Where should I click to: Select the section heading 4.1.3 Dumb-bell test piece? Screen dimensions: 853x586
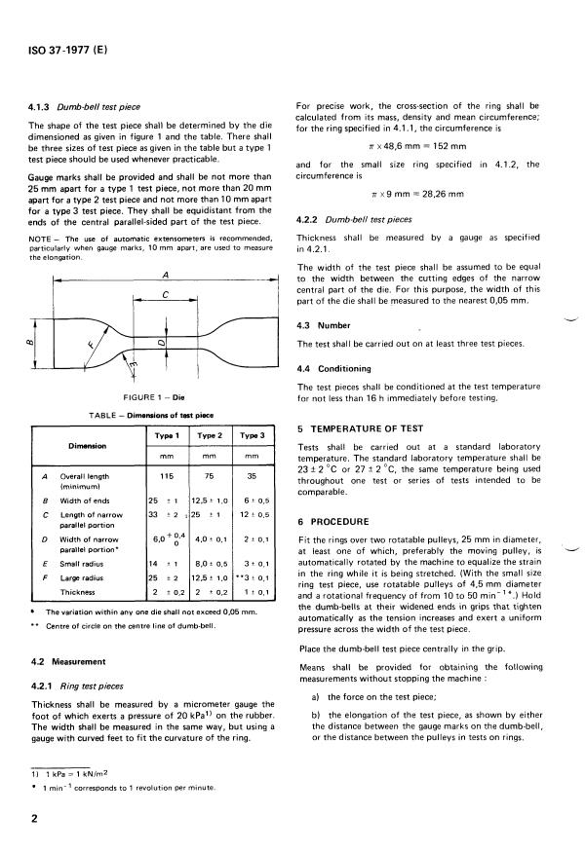coord(84,107)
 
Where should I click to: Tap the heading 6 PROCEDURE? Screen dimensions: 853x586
coord(333,522)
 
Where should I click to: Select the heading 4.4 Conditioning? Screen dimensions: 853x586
coord(335,368)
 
